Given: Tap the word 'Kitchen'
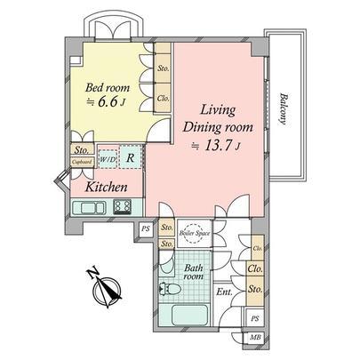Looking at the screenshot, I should coord(109,188).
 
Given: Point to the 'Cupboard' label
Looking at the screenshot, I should coord(83,163).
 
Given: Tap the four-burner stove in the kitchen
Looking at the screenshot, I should coord(122,208).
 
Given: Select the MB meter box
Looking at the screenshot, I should coord(255,339).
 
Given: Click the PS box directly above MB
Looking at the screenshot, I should coord(255,318).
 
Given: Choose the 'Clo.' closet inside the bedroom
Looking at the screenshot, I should coord(164,100).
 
